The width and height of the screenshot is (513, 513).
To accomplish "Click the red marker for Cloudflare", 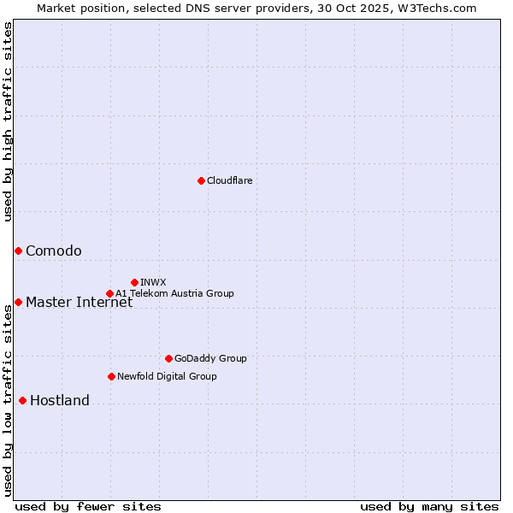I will pyautogui.click(x=201, y=180).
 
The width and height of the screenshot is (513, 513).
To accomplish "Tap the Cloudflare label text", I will pyautogui.click(x=229, y=180).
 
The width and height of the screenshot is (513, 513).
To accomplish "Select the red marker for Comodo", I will pyautogui.click(x=18, y=251).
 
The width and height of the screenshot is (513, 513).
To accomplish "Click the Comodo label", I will pyautogui.click(x=54, y=251).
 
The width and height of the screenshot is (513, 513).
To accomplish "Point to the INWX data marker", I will pyautogui.click(x=134, y=282).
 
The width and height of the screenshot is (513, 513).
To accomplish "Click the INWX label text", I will pyautogui.click(x=153, y=282).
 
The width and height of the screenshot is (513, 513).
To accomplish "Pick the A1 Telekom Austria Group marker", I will pyautogui.click(x=109, y=293).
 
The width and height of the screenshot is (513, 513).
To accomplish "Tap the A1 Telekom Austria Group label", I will pyautogui.click(x=174, y=293).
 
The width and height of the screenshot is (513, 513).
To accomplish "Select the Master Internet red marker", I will pyautogui.click(x=18, y=302).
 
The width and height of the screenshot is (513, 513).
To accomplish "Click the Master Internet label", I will pyautogui.click(x=79, y=302).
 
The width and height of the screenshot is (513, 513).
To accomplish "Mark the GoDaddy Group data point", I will pyautogui.click(x=168, y=358).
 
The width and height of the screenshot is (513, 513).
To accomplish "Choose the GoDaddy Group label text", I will pyautogui.click(x=210, y=358).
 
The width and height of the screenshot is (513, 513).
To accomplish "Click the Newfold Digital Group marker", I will pyautogui.click(x=111, y=376).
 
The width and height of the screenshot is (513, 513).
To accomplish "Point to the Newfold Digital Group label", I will pyautogui.click(x=167, y=376).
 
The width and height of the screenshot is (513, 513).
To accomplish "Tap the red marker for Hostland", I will pyautogui.click(x=22, y=400).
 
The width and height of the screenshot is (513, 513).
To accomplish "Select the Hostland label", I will pyautogui.click(x=60, y=400).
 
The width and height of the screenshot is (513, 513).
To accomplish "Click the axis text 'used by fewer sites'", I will pyautogui.click(x=88, y=506).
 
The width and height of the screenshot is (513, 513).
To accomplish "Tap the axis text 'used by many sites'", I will pyautogui.click(x=429, y=506).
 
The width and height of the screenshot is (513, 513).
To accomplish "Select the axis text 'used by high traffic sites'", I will pyautogui.click(x=8, y=121).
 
